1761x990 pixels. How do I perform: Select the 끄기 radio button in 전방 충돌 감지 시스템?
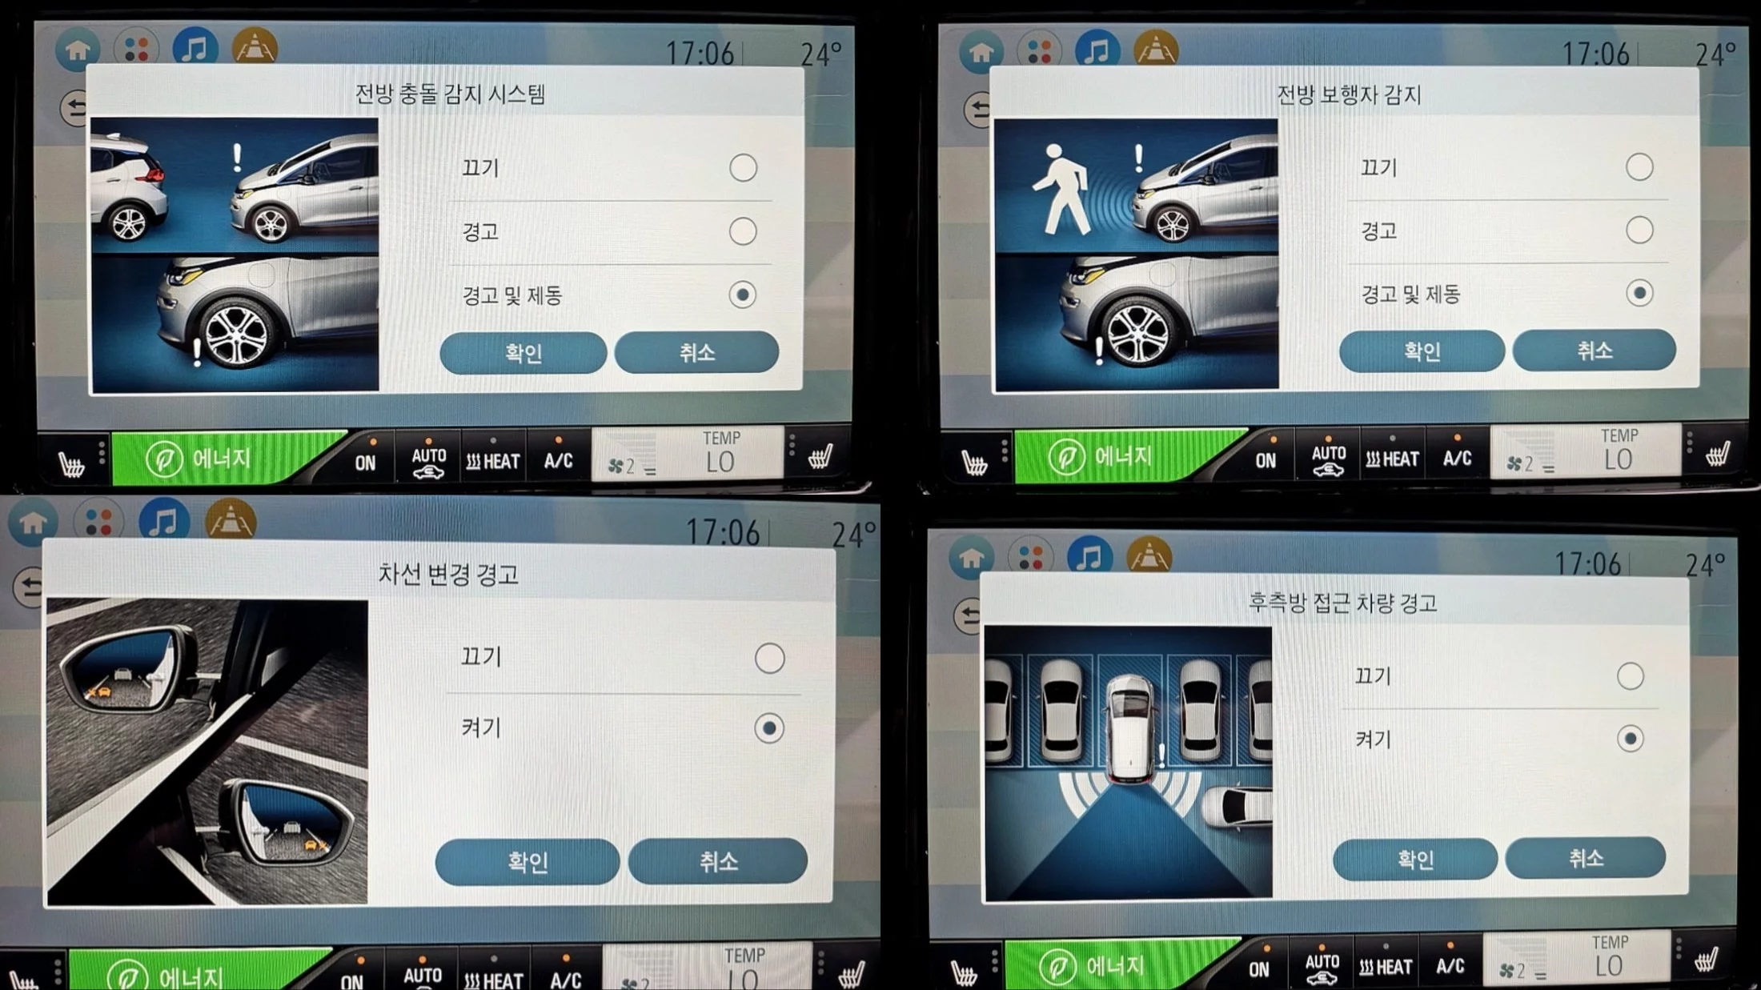coord(743,167)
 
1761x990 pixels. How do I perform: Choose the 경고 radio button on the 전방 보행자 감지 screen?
coord(1639,230)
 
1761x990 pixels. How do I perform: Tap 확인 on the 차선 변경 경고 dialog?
coord(527,861)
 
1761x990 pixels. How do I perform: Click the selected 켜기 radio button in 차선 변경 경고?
coord(769,728)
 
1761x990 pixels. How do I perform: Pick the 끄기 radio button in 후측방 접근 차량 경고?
coord(1630,676)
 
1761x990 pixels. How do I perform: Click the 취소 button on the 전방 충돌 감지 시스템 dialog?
coord(696,352)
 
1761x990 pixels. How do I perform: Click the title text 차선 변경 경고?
coord(448,574)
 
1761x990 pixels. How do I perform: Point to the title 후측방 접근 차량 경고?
coord(1342,603)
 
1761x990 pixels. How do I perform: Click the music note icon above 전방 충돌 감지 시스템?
coord(195,49)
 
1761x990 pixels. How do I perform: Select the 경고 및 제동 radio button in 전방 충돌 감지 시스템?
coord(743,295)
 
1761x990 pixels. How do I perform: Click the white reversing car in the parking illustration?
coord(1130,729)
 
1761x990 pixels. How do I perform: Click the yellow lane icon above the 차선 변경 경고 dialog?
coord(231,520)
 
